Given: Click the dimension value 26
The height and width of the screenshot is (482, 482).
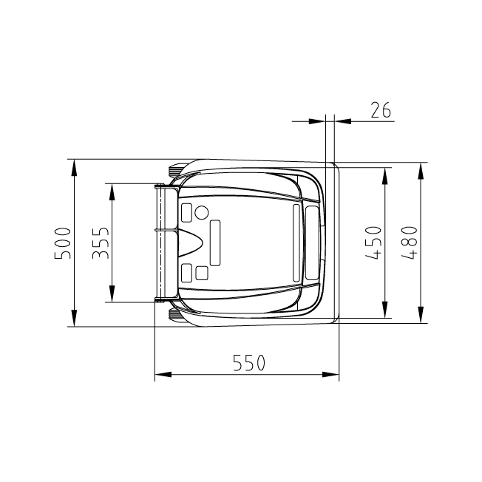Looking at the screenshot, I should [x=381, y=111].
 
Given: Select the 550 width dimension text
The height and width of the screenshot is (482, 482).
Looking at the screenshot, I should [x=248, y=363].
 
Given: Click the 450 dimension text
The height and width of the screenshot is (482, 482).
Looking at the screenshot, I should [x=374, y=242].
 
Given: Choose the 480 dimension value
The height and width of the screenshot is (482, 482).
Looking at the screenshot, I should [x=410, y=241].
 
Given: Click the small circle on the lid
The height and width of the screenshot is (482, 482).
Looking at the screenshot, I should [x=200, y=213].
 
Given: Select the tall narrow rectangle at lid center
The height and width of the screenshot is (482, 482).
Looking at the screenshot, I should [x=216, y=242].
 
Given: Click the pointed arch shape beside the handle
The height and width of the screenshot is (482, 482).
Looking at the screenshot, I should [x=190, y=242].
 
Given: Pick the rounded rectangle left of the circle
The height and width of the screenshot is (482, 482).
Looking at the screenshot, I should [x=186, y=213].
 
